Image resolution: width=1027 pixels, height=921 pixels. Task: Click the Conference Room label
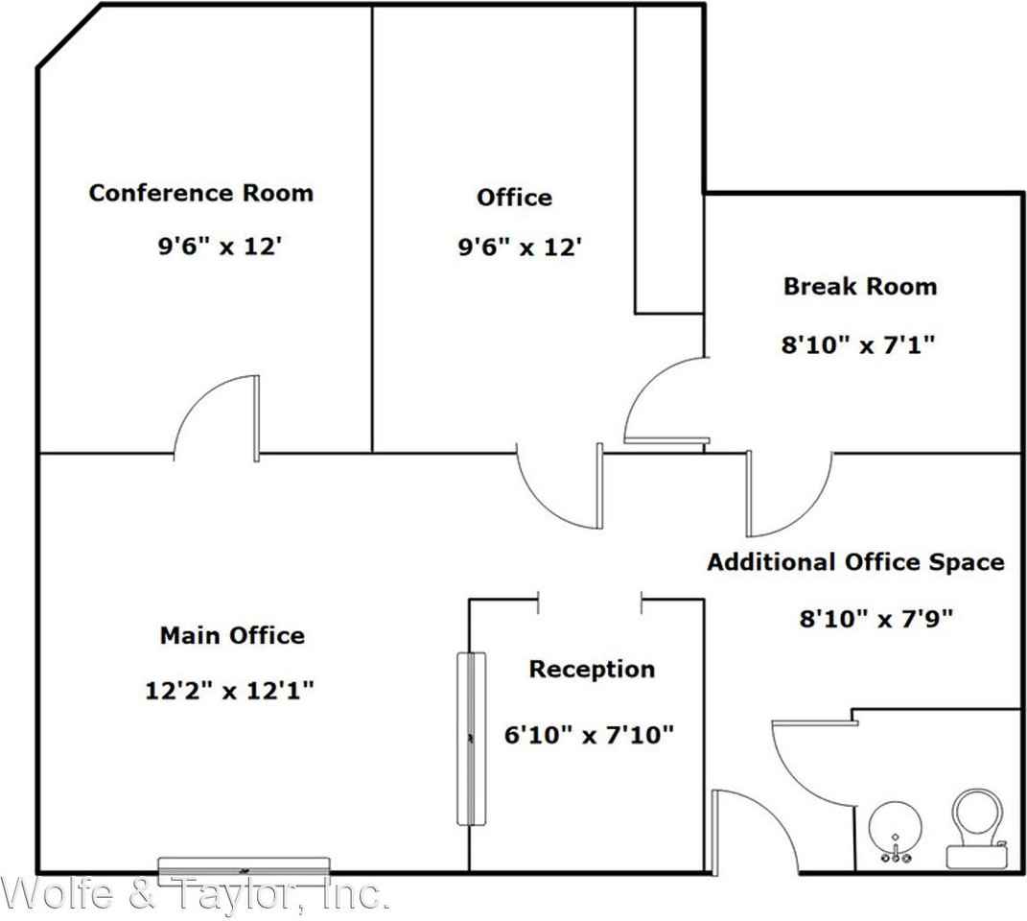pos(200,192)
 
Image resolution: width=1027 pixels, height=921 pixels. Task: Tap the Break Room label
pos(859,286)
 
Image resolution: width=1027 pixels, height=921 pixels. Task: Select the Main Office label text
pos(232,635)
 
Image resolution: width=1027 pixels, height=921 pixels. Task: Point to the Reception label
pos(592,669)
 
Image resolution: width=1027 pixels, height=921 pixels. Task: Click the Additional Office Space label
pos(855,562)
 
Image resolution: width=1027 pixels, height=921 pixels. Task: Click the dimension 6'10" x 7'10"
pos(589,735)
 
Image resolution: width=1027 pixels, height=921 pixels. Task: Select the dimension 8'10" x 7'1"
pos(858,344)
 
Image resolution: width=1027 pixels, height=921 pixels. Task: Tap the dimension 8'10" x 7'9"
pos(875,619)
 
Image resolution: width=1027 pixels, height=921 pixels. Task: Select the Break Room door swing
pos(662,403)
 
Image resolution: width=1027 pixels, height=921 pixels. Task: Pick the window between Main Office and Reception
pos(471,738)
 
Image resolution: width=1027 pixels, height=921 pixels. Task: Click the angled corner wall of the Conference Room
pos(69,35)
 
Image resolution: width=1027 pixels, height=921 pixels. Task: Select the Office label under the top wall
pos(514,198)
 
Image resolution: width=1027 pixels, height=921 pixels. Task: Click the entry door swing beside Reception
pos(753,830)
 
